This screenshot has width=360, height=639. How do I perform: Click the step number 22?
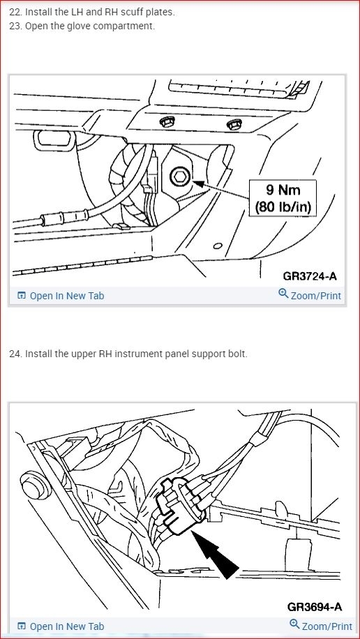15,13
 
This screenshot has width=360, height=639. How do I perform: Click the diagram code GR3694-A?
313,606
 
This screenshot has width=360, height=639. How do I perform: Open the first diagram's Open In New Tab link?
66,296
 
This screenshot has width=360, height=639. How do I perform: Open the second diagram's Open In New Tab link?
66,626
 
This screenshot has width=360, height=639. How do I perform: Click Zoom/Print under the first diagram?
315,296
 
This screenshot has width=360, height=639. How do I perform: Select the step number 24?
15,354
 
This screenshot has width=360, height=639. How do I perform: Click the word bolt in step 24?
236,354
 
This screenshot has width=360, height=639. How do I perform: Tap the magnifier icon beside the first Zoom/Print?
283,294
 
